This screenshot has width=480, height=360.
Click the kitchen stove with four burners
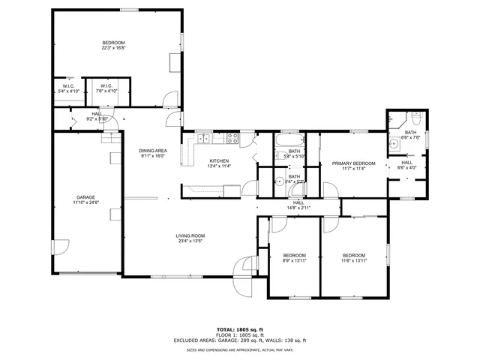pyautogui.click(x=232, y=137)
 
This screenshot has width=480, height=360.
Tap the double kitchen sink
pyautogui.click(x=204, y=137)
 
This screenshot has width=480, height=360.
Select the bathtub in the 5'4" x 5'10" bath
pyautogui.click(x=288, y=141)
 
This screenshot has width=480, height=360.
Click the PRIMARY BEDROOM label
pyautogui.click(x=353, y=163)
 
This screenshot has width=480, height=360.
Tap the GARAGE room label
pyautogui.click(x=86, y=197)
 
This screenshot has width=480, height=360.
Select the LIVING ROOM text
pyautogui.click(x=190, y=235)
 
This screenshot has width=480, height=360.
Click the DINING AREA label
pyautogui.click(x=152, y=151)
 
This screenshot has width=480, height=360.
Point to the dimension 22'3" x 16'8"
pyautogui.click(x=114, y=48)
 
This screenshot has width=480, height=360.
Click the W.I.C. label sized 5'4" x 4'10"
pyautogui.click(x=68, y=91)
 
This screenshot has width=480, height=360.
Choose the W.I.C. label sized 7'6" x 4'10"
pyautogui.click(x=106, y=91)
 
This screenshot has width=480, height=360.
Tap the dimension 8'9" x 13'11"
pyautogui.click(x=294, y=259)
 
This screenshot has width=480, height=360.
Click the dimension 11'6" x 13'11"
pyautogui.click(x=353, y=259)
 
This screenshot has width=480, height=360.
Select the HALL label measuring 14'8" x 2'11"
pyautogui.click(x=298, y=206)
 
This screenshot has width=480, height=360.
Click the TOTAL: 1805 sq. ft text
pyautogui.click(x=240, y=329)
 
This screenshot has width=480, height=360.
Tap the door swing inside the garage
pyautogui.click(x=60, y=247)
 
